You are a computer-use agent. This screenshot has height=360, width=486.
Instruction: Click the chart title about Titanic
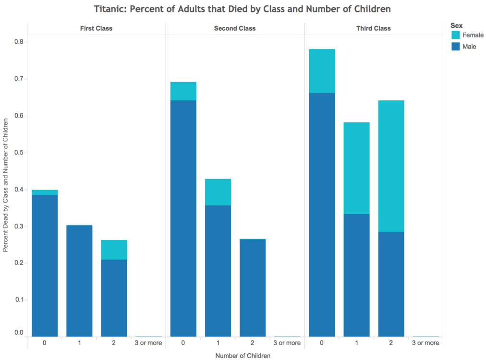pyautogui.click(x=242, y=9)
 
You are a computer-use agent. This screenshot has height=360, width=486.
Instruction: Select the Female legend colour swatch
pyautogui.click(x=455, y=35)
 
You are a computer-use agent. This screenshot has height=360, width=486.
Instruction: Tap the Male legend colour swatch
pyautogui.click(x=455, y=47)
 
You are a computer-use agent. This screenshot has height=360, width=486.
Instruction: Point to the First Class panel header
pyautogui.click(x=96, y=28)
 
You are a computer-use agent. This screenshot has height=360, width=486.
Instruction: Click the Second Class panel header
pyautogui.click(x=235, y=28)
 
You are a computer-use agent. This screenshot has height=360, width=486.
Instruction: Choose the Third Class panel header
pyautogui.click(x=374, y=28)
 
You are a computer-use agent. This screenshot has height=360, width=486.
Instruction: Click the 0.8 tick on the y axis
pyautogui.click(x=19, y=42)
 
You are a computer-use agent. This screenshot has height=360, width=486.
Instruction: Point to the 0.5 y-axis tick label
pyautogui.click(x=19, y=153)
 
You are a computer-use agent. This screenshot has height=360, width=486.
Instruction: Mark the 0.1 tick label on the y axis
pyautogui.click(x=19, y=300)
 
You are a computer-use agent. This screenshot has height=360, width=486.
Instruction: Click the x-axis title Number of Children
pyautogui.click(x=243, y=356)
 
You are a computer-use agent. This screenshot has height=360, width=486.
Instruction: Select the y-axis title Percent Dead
pyautogui.click(x=5, y=185)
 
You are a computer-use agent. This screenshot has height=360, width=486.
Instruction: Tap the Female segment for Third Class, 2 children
pyautogui.click(x=391, y=166)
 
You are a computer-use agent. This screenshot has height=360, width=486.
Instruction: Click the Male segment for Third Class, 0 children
pyautogui.click(x=322, y=215)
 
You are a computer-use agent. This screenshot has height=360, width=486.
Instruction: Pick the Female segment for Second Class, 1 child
pyautogui.click(x=218, y=192)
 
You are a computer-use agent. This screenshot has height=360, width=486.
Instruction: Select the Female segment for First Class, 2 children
pyautogui.click(x=114, y=250)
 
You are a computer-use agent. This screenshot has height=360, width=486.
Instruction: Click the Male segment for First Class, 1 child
pyautogui.click(x=79, y=281)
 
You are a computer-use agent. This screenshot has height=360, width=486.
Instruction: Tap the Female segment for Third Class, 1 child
pyautogui.click(x=356, y=168)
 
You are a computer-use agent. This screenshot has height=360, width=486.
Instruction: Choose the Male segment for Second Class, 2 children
pyautogui.click(x=253, y=288)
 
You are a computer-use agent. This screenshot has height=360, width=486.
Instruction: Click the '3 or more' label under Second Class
pyautogui.click(x=287, y=343)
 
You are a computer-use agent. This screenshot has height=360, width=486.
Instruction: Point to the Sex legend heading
pyautogui.click(x=457, y=26)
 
